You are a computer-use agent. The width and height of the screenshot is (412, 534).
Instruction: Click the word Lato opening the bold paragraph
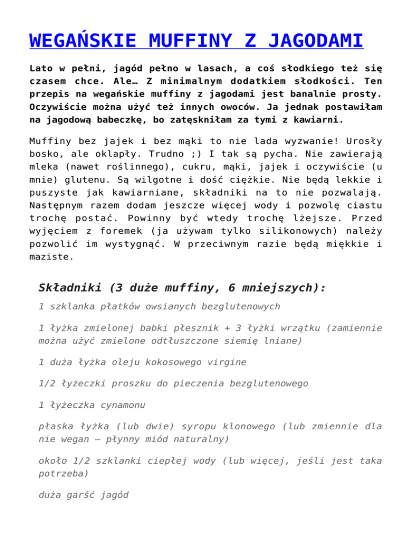click(42, 69)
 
